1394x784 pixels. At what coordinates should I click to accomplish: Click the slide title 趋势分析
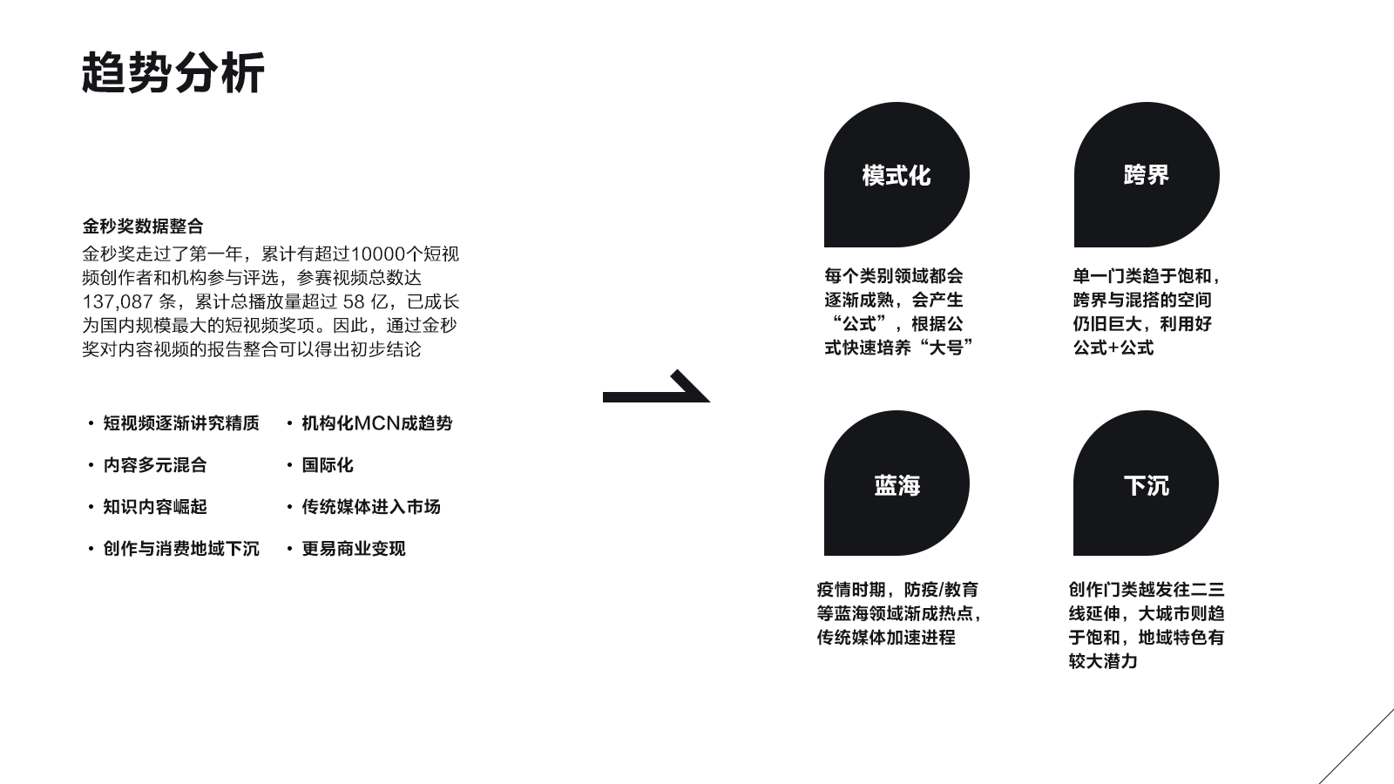tap(173, 72)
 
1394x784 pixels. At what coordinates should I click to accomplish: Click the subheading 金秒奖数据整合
tap(143, 226)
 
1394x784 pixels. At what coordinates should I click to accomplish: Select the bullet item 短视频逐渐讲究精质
tap(181, 423)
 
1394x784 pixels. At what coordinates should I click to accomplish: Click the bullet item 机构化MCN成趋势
tap(376, 423)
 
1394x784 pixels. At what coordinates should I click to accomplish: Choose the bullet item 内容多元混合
tap(155, 465)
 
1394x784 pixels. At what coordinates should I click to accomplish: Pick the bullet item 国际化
tap(328, 465)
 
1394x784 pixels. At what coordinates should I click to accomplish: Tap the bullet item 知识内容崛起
tap(155, 507)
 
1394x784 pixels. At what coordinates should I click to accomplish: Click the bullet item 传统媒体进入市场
tap(371, 507)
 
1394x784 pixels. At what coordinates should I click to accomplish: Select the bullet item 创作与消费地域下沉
tap(181, 549)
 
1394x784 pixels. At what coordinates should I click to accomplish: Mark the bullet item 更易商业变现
tap(354, 549)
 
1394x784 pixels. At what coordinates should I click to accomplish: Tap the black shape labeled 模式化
tap(897, 175)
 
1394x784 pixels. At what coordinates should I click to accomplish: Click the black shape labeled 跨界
tap(1147, 175)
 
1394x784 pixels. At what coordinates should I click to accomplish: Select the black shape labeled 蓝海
tap(897, 483)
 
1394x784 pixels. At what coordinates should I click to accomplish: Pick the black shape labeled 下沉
tap(1146, 483)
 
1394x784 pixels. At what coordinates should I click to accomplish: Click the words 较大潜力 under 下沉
tap(1103, 661)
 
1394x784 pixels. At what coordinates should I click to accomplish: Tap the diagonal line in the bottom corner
tap(1357, 746)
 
